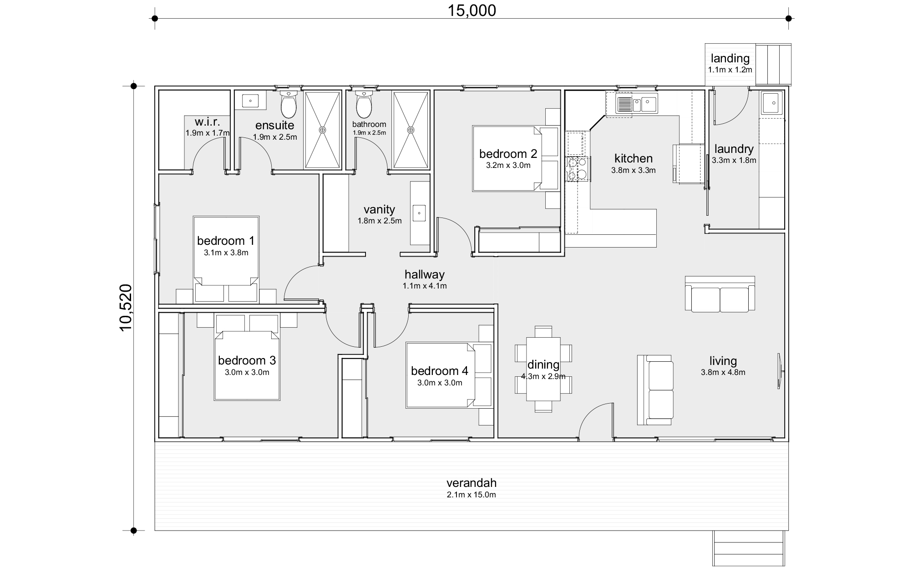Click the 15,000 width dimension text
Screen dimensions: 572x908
(472, 10)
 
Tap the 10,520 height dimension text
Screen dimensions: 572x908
(126, 308)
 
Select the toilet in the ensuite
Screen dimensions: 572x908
(289, 105)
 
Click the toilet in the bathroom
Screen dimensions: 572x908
(364, 105)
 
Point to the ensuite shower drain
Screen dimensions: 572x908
(322, 130)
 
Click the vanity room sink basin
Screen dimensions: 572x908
(419, 213)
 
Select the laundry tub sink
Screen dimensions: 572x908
(772, 103)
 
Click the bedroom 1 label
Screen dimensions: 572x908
(226, 241)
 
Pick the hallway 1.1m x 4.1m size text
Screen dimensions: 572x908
(424, 286)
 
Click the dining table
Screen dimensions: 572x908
(543, 369)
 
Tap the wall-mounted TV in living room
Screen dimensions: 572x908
(779, 371)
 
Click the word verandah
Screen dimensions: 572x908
(471, 483)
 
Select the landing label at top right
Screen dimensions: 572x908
(730, 58)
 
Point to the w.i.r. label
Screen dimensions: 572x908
(207, 122)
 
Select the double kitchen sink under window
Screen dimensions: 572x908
(637, 104)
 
